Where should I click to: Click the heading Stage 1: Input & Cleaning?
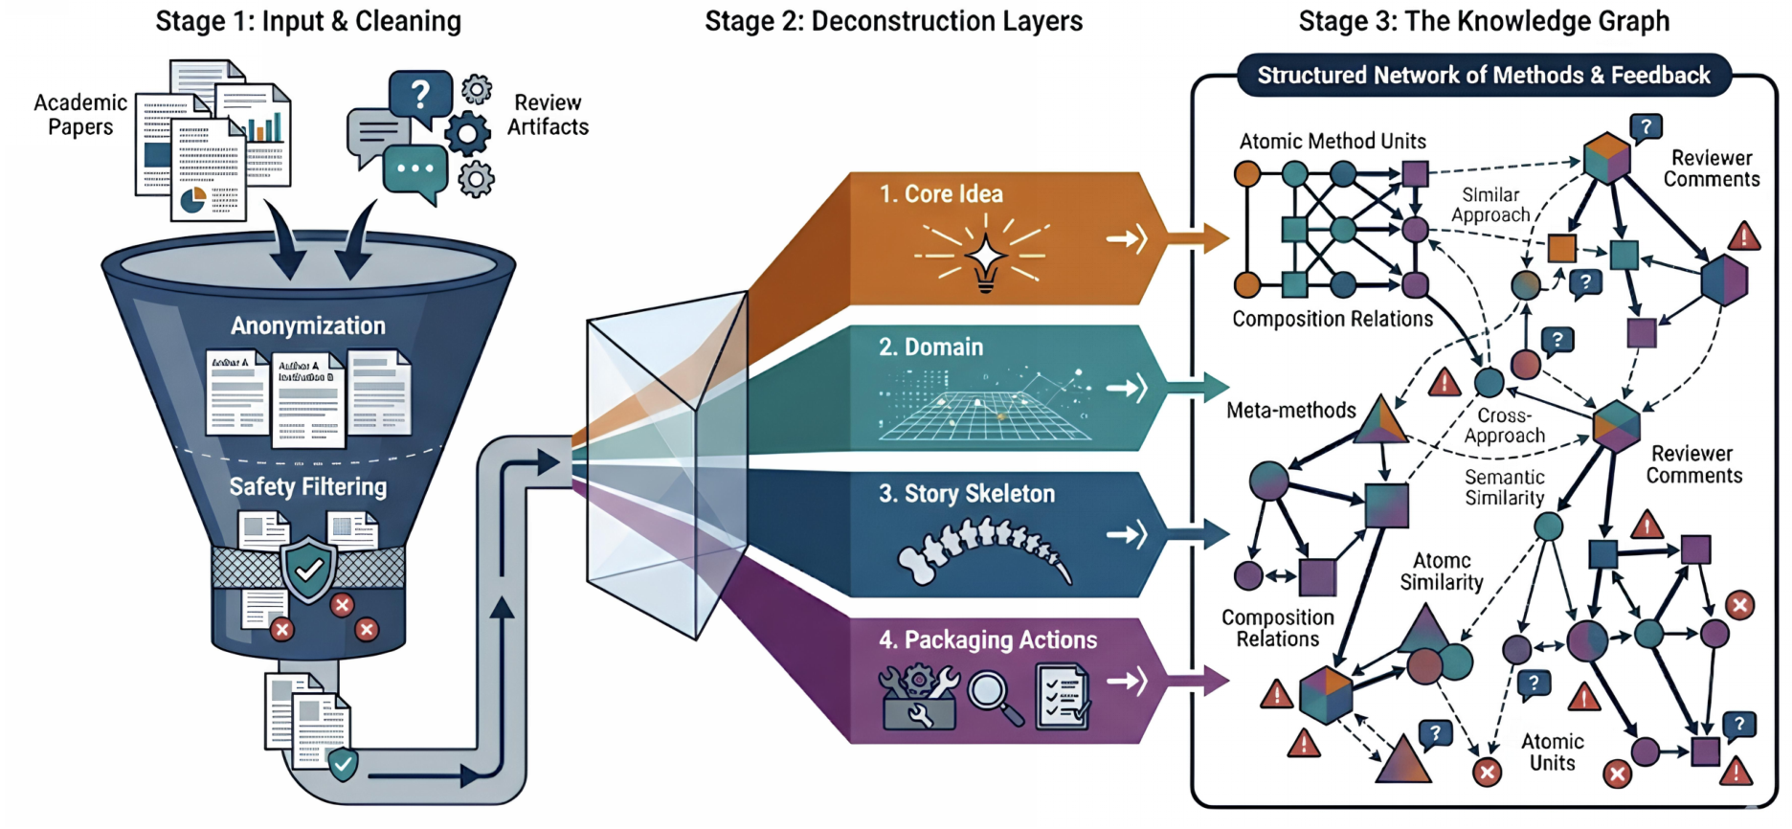click(x=308, y=21)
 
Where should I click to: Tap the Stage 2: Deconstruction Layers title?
click(x=893, y=21)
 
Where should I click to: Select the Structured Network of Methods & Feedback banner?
click(x=1483, y=76)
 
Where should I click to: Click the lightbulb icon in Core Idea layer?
click(x=985, y=258)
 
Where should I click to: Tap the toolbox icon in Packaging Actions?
click(x=918, y=698)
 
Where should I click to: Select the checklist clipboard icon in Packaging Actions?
click(x=1063, y=696)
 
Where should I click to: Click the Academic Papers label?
click(x=80, y=115)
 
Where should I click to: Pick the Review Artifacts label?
click(x=548, y=115)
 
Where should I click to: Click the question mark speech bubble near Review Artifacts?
click(x=419, y=95)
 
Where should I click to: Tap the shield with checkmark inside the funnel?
click(x=308, y=571)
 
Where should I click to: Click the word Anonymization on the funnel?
click(x=308, y=325)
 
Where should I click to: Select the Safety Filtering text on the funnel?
click(x=308, y=486)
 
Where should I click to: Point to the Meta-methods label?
click(x=1290, y=411)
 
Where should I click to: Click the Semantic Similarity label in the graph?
click(x=1504, y=487)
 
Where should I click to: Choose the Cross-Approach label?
click(x=1504, y=426)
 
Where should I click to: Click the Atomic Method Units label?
click(x=1333, y=142)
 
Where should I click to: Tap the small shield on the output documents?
click(x=343, y=764)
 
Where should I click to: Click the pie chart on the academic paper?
click(x=193, y=199)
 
